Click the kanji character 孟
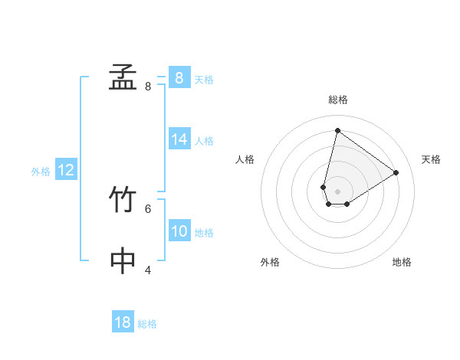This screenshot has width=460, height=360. click(123, 77)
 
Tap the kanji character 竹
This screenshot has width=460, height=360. click(123, 200)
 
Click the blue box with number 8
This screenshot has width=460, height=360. click(179, 77)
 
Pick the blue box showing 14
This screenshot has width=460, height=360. click(179, 139)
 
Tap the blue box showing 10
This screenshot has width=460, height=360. click(179, 231)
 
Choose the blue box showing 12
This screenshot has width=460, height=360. click(65, 170)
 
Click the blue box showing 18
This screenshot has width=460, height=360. click(123, 322)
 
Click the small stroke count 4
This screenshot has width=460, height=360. click(148, 270)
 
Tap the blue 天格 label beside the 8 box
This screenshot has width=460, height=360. click(204, 80)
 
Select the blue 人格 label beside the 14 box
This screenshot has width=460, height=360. click(204, 141)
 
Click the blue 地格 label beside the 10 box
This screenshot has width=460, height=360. click(204, 233)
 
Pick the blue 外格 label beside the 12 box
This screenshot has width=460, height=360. click(41, 172)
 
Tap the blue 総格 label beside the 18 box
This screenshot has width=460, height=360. click(147, 325)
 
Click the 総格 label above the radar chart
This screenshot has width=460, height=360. click(337, 100)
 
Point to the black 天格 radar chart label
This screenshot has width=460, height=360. click(431, 159)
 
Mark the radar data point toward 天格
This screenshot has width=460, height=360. click(396, 172)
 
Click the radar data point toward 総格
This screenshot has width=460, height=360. click(337, 130)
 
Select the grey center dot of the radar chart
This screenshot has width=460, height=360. click(337, 191)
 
